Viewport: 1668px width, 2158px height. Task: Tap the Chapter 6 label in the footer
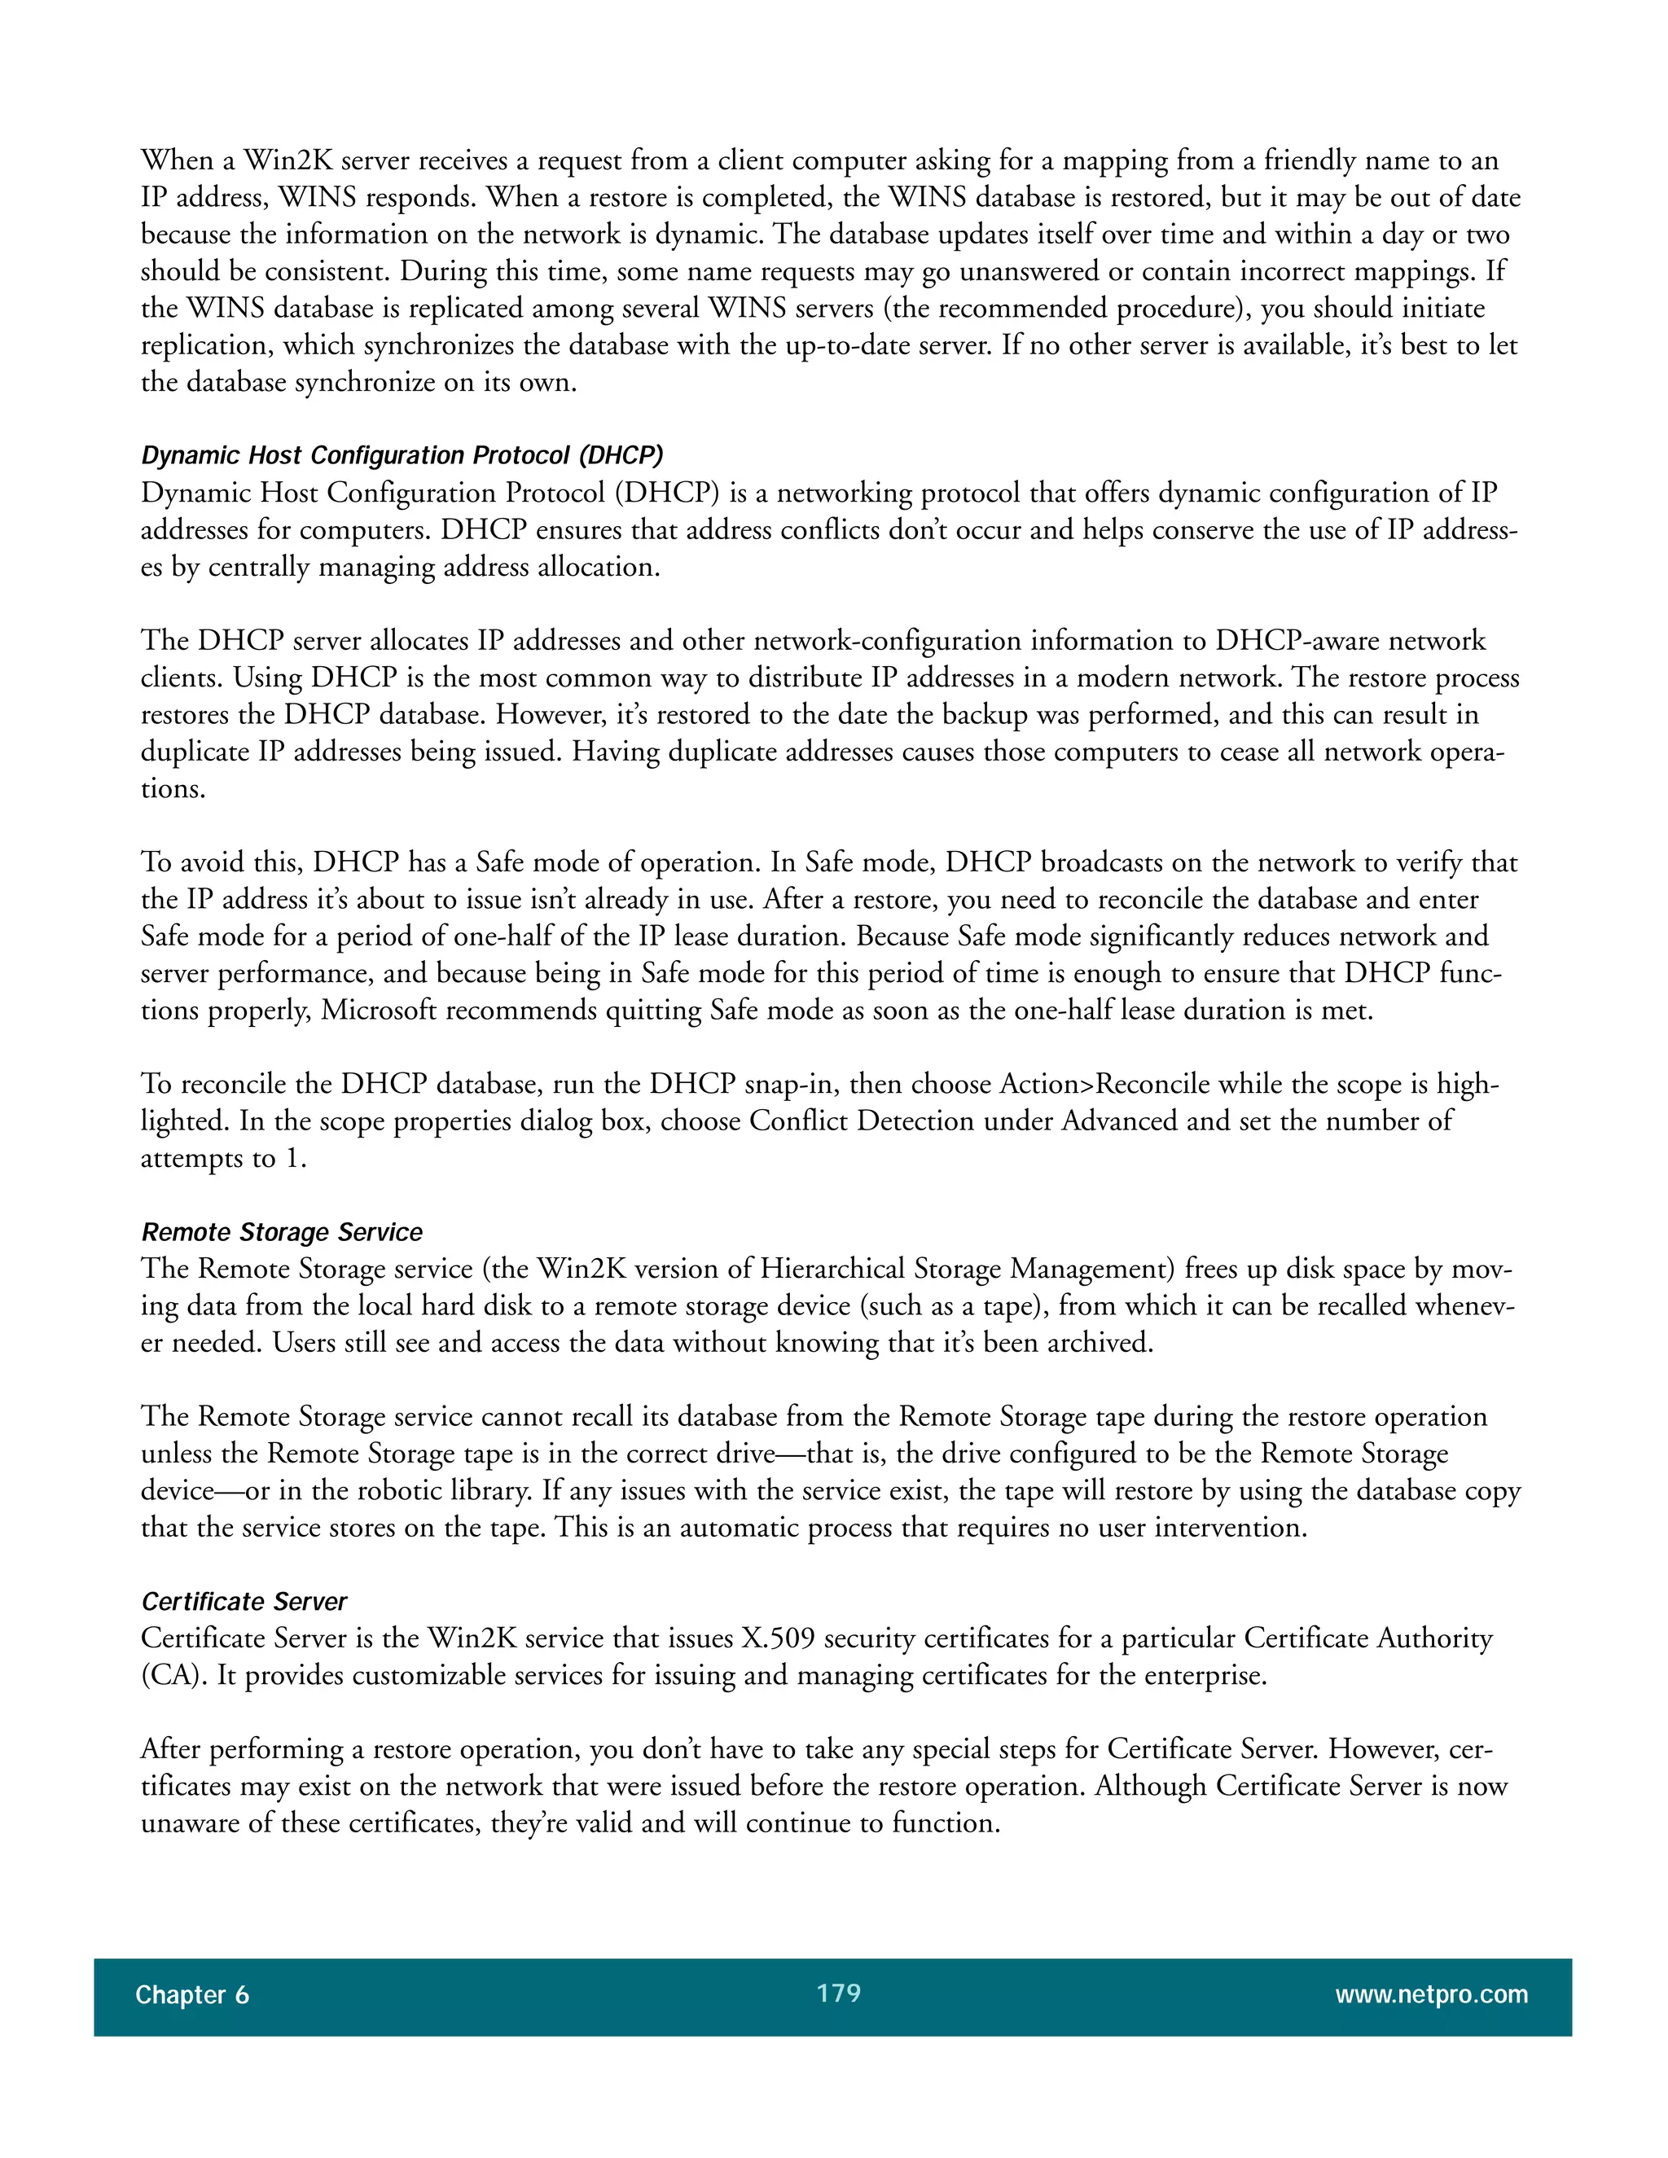pyautogui.click(x=191, y=1995)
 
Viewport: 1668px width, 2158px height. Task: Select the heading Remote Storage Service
pyautogui.click(x=282, y=1232)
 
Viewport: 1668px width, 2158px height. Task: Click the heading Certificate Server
pyautogui.click(x=244, y=1602)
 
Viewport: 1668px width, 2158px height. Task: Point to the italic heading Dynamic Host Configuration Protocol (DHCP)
pyautogui.click(x=402, y=455)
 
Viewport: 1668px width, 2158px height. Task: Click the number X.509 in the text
pyautogui.click(x=779, y=1638)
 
